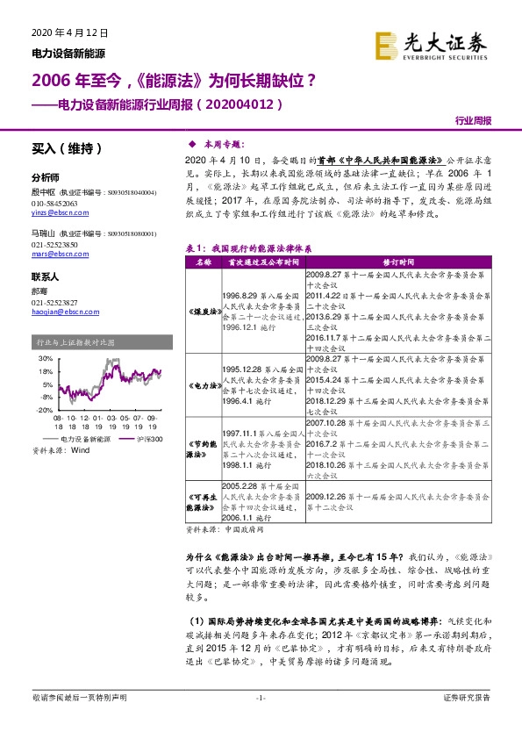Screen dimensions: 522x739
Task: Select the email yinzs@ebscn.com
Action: pyautogui.click(x=56, y=213)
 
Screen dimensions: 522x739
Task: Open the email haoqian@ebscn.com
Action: pyautogui.click(x=60, y=312)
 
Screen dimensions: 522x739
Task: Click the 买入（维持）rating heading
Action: pyautogui.click(x=62, y=147)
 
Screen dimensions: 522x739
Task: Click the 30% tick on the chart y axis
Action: pyautogui.click(x=42, y=359)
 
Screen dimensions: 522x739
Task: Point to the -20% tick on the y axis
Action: pyautogui.click(x=41, y=410)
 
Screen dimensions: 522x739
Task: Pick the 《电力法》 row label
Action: pyautogui.click(x=201, y=385)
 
